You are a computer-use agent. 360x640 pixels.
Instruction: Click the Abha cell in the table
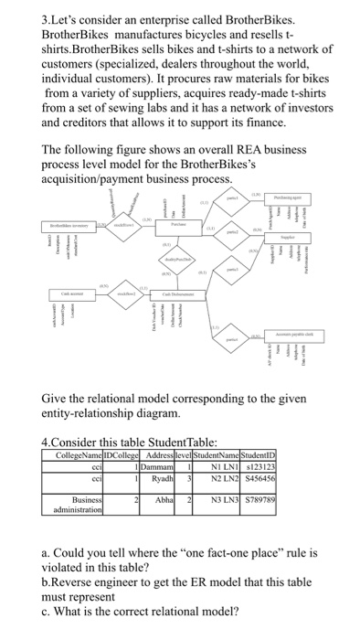pos(164,499)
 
